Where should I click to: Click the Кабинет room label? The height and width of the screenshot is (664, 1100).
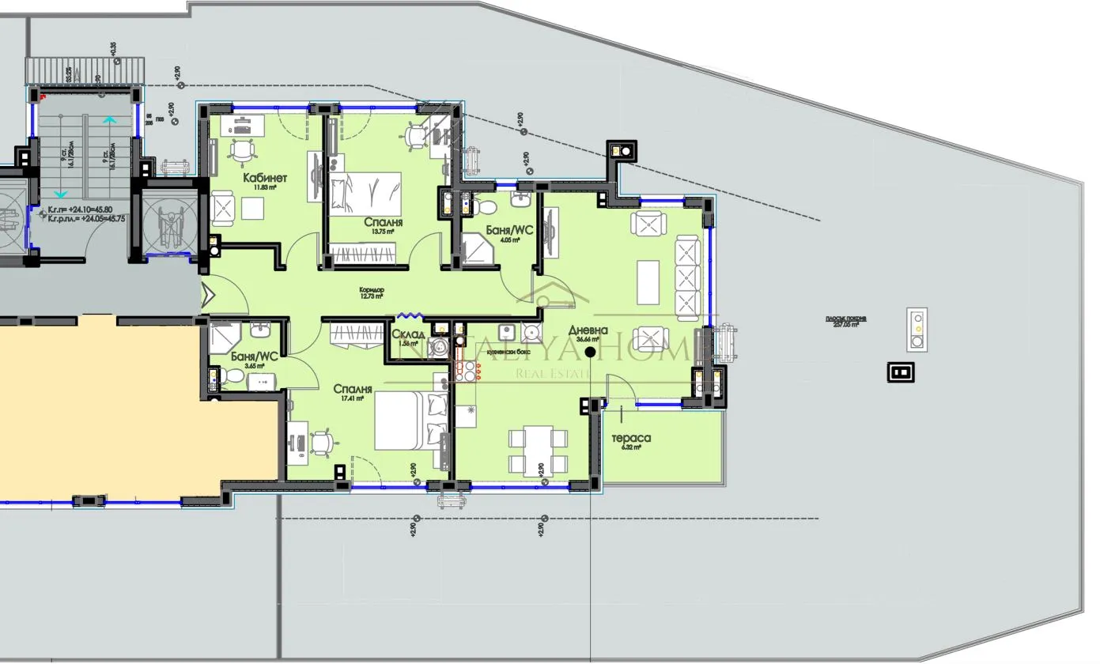[x=265, y=177]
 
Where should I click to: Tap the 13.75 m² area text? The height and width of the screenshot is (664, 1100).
[x=384, y=232]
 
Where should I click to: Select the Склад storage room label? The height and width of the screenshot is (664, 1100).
[x=408, y=334]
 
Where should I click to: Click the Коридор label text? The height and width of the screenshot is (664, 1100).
[x=371, y=290]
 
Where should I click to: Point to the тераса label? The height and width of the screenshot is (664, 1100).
[x=631, y=438]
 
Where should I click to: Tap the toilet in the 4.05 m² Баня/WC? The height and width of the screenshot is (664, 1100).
[x=485, y=208]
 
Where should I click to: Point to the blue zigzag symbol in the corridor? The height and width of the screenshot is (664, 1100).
[x=410, y=314]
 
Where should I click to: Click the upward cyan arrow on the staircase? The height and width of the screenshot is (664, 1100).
[x=109, y=121]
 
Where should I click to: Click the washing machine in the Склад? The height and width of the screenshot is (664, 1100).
[x=440, y=345]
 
